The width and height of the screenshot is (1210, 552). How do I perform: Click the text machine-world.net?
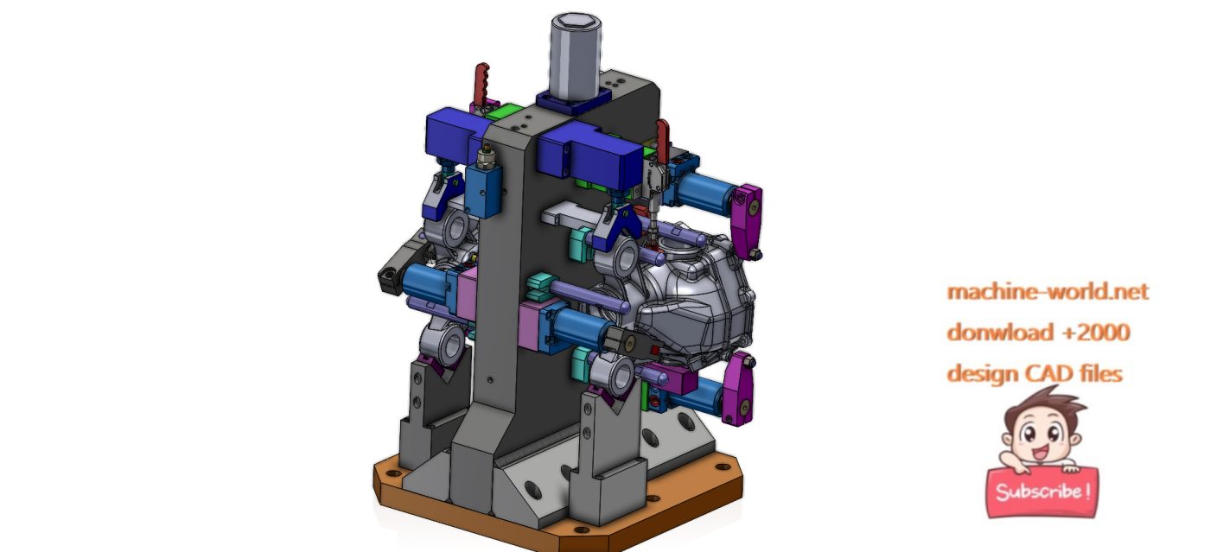click(1048, 292)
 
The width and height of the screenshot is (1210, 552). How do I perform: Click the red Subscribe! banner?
click(1042, 492)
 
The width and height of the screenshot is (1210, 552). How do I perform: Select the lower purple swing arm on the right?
click(739, 389)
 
